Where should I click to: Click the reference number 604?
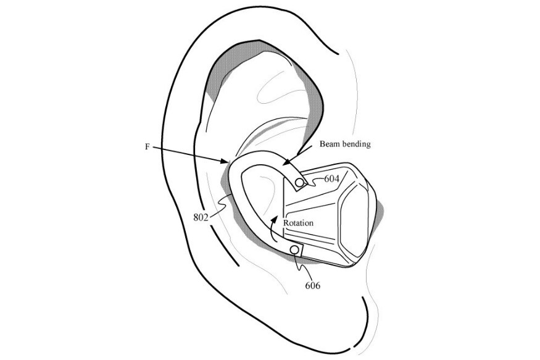point(331,179)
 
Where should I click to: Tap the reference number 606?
point(313,285)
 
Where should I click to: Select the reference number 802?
point(201,217)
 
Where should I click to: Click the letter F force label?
point(147,147)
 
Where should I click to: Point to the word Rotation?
point(298,223)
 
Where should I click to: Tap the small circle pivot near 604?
point(300,182)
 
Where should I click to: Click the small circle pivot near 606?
point(295,249)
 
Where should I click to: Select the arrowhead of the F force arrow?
point(225,161)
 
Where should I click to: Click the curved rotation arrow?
point(272,227)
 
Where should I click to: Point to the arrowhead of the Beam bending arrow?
point(287,161)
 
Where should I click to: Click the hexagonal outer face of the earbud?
point(355,216)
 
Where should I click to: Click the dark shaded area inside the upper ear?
point(224,65)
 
